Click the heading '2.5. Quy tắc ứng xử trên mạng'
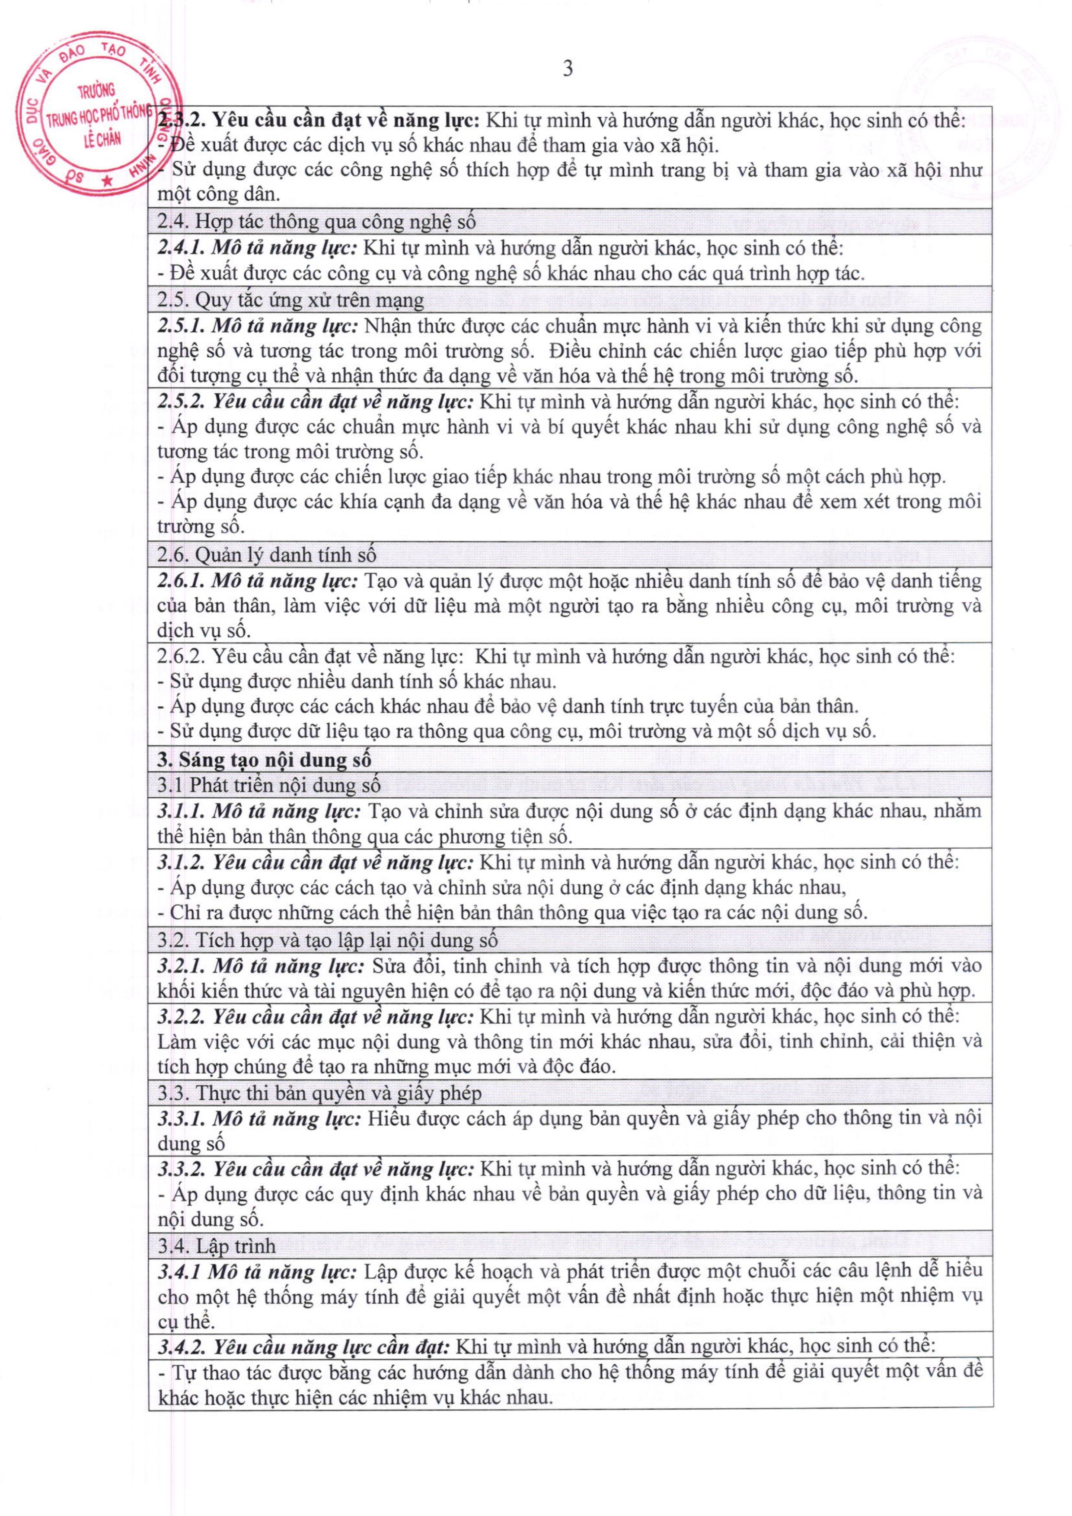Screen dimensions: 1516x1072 point(290,300)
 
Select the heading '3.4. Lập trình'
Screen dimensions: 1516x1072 point(217,1246)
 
